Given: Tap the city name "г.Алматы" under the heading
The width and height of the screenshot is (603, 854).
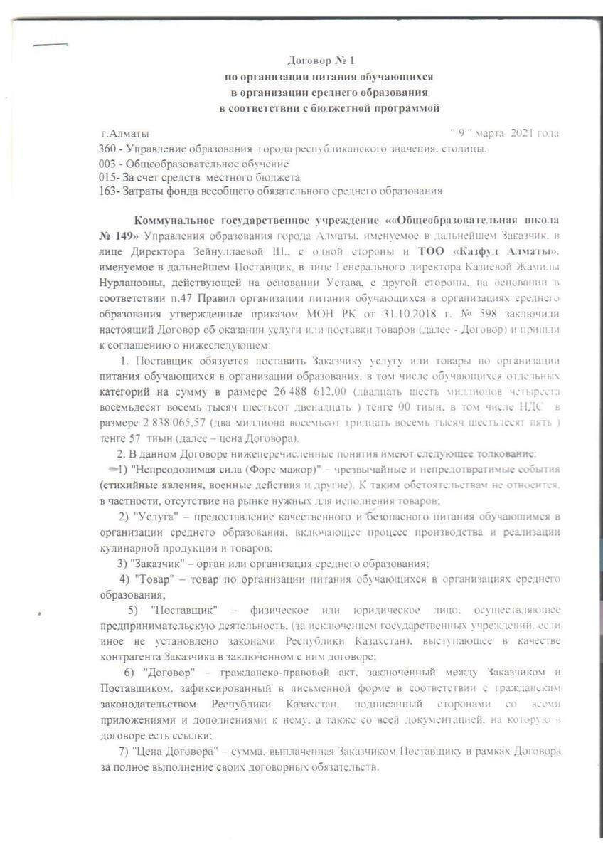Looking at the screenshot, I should coord(125,133).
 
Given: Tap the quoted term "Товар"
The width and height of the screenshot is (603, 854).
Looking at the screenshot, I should coord(152,579).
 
